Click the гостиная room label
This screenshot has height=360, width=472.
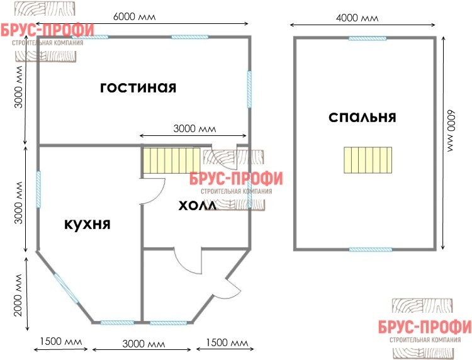pyautogui.click(x=138, y=87)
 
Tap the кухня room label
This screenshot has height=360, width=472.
pyautogui.click(x=87, y=224)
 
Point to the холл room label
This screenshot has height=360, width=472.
pyautogui.click(x=198, y=206)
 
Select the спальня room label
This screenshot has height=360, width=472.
pyautogui.click(x=362, y=117)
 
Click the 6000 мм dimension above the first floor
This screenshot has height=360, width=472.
pyautogui.click(x=134, y=16)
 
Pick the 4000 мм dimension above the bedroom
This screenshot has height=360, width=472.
pyautogui.click(x=357, y=18)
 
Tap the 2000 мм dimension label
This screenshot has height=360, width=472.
pyautogui.click(x=18, y=295)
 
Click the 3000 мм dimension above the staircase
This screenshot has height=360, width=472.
pyautogui.click(x=194, y=128)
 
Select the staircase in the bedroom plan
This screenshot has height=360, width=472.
pyautogui.click(x=368, y=160)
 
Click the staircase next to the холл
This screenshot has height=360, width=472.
pyautogui.click(x=171, y=160)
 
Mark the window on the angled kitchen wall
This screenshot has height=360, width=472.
pyautogui.click(x=66, y=288)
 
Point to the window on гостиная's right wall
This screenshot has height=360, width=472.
pyautogui.click(x=249, y=89)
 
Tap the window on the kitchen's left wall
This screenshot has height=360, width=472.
pyautogui.click(x=38, y=189)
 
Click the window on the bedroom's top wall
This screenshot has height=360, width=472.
pyautogui.click(x=368, y=38)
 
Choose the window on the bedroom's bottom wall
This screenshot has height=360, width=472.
pyautogui.click(x=371, y=249)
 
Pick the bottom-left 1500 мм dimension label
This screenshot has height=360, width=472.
pyautogui.click(x=61, y=341)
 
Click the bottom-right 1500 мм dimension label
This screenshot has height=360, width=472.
pyautogui.click(x=227, y=342)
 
